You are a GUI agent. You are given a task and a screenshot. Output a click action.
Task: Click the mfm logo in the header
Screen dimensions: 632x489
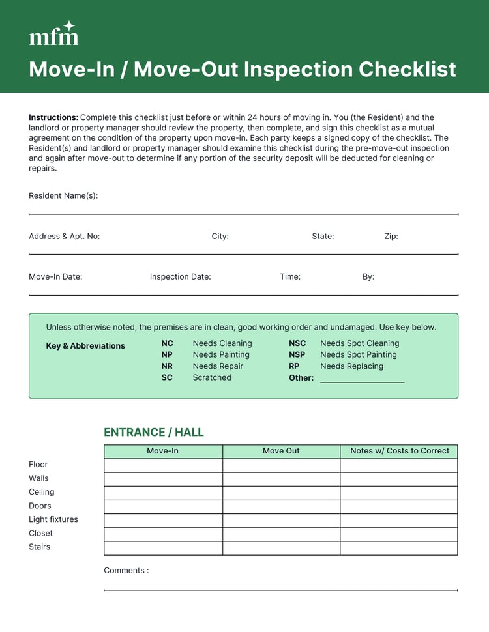53,34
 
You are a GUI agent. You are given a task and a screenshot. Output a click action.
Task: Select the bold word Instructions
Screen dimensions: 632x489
53,117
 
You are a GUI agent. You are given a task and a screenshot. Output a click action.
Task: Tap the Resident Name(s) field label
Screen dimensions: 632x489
63,195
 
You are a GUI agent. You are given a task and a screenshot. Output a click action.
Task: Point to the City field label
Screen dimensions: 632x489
220,236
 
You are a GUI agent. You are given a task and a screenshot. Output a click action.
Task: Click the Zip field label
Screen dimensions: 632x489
391,236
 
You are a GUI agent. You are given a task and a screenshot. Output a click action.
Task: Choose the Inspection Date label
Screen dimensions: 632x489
180,276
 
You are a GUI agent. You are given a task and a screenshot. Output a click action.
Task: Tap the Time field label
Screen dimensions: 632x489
290,276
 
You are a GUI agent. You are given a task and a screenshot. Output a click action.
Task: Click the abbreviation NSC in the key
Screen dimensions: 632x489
297,343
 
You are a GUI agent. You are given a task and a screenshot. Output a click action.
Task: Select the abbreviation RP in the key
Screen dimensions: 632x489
294,366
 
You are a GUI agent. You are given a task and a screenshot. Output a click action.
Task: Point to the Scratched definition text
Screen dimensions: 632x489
211,377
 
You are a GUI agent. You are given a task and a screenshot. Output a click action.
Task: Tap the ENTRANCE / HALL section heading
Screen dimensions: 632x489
154,432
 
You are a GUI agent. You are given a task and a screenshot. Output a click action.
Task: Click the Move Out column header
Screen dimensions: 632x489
281,451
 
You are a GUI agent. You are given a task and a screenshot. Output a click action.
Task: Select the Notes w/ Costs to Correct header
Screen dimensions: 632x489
400,451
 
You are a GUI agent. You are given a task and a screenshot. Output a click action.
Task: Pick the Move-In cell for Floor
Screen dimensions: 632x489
163,465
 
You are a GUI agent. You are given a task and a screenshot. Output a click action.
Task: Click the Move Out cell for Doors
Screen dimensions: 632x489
281,506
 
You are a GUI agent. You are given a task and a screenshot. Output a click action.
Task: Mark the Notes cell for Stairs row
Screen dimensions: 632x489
399,547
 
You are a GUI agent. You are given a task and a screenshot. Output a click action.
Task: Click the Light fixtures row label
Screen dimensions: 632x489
53,519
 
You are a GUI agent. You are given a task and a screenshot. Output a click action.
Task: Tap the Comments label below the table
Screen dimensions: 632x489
126,571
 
